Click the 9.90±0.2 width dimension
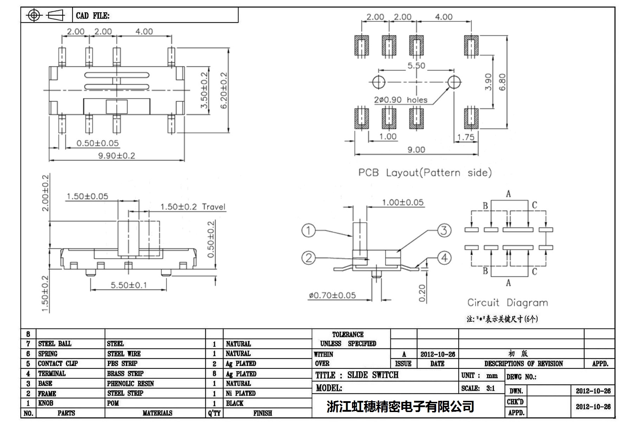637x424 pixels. point(116,156)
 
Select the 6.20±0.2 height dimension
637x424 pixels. point(224,90)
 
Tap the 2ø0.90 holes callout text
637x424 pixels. point(401,100)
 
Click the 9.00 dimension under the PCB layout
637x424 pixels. point(416,150)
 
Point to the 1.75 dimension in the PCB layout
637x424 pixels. point(466,137)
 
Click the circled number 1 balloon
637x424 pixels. point(308,230)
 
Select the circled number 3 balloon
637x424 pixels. point(444,230)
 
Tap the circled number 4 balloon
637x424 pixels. point(444,258)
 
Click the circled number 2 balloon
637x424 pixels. point(308,258)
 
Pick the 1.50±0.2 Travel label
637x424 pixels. point(193,207)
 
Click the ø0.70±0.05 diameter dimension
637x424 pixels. point(332,295)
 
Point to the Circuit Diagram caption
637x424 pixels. point(508,302)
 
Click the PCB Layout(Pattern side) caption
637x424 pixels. point(425,172)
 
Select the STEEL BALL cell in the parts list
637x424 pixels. point(55,344)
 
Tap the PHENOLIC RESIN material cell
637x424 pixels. point(130,383)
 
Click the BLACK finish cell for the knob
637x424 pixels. point(235,403)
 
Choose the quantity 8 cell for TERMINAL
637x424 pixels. point(214,373)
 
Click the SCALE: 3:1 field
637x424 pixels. point(478,388)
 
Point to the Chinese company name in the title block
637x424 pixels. point(400,406)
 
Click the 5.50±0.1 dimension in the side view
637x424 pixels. point(129,285)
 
